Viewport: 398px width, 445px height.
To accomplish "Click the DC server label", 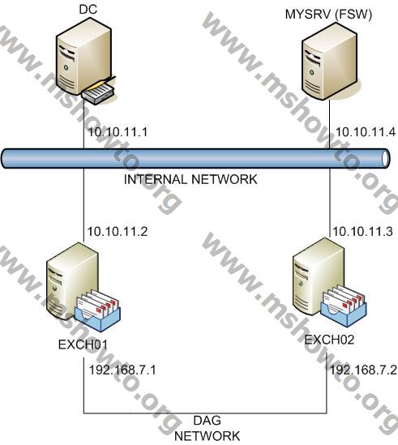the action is click(88, 10).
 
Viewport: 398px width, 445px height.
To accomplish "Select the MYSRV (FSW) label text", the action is click(328, 15).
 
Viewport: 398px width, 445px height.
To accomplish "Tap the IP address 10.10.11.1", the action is click(118, 132).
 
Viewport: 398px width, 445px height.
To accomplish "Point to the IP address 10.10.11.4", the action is click(366, 132).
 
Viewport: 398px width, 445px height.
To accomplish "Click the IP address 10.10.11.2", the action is click(118, 232).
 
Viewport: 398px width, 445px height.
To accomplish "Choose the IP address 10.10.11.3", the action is click(363, 232).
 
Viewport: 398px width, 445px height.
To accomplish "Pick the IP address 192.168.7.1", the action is click(122, 370).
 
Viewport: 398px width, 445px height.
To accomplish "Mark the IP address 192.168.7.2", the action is click(364, 370).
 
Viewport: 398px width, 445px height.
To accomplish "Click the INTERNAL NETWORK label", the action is click(190, 179).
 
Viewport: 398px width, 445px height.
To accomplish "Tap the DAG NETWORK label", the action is click(208, 428).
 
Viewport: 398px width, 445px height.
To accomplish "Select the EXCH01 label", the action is click(83, 344).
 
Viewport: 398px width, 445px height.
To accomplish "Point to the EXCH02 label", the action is click(329, 340).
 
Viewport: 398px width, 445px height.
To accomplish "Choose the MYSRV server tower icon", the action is click(329, 61).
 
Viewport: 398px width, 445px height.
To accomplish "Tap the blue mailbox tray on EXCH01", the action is click(97, 318).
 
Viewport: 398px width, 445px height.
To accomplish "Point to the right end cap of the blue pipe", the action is click(385, 158).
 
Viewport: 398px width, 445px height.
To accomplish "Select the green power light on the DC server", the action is click(66, 67).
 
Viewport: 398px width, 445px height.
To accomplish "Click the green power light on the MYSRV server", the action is click(312, 72).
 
